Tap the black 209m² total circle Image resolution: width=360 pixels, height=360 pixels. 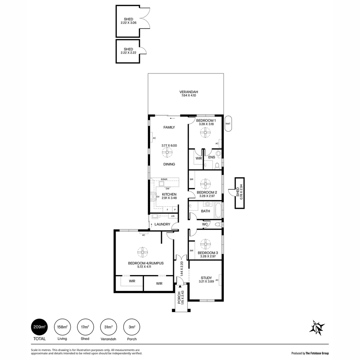tap(39, 327)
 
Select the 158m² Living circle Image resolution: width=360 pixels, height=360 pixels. tap(62, 327)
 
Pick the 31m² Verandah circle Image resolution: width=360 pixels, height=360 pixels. tap(108, 327)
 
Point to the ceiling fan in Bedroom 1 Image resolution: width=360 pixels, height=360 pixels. tap(205, 133)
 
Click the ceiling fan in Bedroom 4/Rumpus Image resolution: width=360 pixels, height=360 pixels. tap(142, 252)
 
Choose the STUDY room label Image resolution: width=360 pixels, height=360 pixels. tap(206, 278)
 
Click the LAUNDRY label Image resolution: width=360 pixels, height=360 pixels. tap(162, 224)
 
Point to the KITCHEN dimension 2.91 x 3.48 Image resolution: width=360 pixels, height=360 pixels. tap(169, 198)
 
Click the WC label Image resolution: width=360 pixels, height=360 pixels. tap(205, 224)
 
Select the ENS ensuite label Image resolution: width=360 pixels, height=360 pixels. tap(211, 157)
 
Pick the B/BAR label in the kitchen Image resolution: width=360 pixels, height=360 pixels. tap(164, 179)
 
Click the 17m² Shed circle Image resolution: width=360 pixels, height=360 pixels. tap(85, 327)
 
